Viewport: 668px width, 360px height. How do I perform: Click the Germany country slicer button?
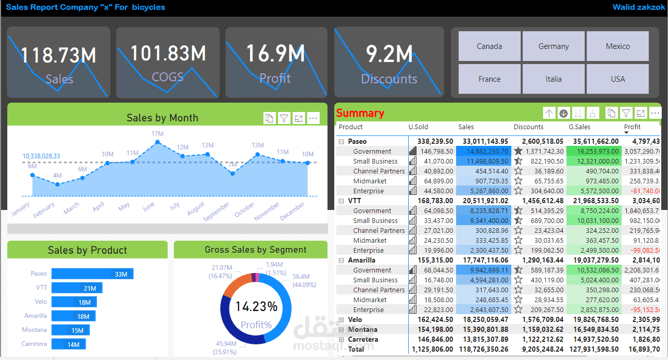(x=553, y=46)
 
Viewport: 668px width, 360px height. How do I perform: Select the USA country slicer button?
(x=617, y=79)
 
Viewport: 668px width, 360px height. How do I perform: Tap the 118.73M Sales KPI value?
(x=59, y=55)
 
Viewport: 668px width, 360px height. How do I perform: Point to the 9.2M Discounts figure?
(x=389, y=54)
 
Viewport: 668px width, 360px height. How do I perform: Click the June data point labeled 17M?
(x=158, y=142)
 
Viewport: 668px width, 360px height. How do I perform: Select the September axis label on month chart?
(x=216, y=212)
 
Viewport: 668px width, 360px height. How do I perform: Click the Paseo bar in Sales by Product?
(x=92, y=274)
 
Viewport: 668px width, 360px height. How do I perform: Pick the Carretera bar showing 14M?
(x=68, y=344)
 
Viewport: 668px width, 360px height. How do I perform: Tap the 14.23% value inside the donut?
(x=256, y=306)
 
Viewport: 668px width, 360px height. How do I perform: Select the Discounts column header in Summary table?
(x=528, y=127)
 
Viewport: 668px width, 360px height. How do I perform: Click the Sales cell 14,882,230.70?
(x=484, y=151)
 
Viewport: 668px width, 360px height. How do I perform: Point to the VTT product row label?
(x=355, y=201)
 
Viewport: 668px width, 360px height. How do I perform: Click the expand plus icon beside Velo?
(x=341, y=320)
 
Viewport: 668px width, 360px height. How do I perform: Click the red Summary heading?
(x=360, y=113)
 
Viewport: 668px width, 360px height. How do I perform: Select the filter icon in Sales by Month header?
(x=284, y=119)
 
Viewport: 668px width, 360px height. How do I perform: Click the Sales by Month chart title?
(x=162, y=118)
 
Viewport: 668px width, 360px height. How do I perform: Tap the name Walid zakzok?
(x=638, y=7)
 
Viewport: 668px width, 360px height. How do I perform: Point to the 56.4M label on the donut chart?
(x=300, y=277)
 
